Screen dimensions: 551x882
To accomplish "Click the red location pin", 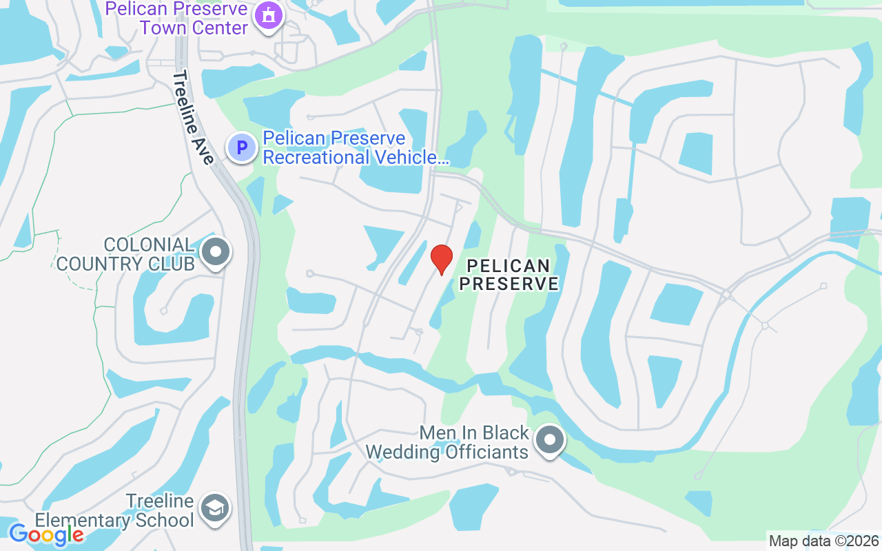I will (x=441, y=259).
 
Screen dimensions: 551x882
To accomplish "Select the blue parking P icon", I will (x=242, y=147).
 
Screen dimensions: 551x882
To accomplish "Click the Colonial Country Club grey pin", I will (x=216, y=252).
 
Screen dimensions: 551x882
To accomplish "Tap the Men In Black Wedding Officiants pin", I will (x=549, y=439).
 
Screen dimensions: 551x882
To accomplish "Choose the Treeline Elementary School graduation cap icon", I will (x=214, y=509).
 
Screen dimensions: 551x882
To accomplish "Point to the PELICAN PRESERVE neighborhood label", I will (x=509, y=274).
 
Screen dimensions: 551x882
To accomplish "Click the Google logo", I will (x=46, y=534).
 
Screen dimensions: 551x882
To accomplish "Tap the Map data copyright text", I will (x=823, y=541).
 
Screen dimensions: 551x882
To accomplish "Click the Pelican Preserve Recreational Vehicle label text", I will (x=356, y=147).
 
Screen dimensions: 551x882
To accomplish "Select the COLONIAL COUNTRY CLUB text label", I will (x=125, y=254).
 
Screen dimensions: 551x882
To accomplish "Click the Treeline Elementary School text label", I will (x=114, y=510).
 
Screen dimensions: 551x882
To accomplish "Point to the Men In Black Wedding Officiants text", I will (x=447, y=442).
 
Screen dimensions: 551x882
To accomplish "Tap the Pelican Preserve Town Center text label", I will (x=176, y=19).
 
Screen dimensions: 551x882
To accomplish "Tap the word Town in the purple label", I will (x=168, y=28).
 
